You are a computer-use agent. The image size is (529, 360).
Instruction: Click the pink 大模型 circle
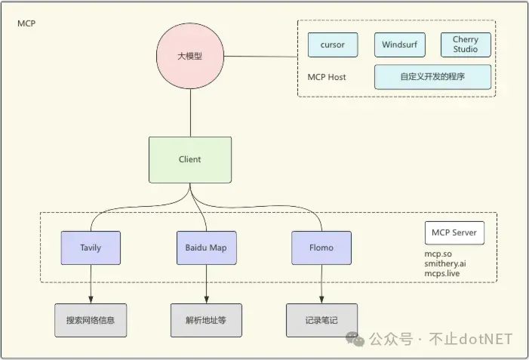pyautogui.click(x=190, y=57)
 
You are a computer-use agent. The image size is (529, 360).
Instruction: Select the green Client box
pyautogui.click(x=190, y=159)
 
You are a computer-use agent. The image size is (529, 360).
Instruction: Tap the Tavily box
pyautogui.click(x=91, y=248)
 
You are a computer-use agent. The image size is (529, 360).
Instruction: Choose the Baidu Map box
pyautogui.click(x=206, y=248)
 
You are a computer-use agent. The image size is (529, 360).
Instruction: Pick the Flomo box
pyautogui.click(x=322, y=248)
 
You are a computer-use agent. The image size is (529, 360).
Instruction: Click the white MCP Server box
pyautogui.click(x=454, y=232)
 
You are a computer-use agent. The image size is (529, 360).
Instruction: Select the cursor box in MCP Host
pyautogui.click(x=332, y=45)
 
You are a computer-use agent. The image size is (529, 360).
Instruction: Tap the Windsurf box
pyautogui.click(x=399, y=45)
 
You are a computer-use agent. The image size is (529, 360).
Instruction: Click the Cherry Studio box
pyautogui.click(x=466, y=45)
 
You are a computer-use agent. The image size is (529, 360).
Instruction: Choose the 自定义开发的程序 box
pyautogui.click(x=432, y=77)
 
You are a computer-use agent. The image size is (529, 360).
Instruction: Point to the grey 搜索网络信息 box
pyautogui.click(x=91, y=320)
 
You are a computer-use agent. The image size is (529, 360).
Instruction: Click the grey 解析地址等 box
pyautogui.click(x=206, y=320)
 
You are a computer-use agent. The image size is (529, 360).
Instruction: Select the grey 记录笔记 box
pyautogui.click(x=321, y=320)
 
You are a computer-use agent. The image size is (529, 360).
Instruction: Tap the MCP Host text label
pyautogui.click(x=327, y=77)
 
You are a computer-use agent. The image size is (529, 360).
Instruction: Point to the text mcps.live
pyautogui.click(x=442, y=274)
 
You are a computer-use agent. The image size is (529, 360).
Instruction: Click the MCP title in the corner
pyautogui.click(x=26, y=23)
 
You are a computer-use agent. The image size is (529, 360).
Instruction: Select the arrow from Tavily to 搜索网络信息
pyautogui.click(x=91, y=284)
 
